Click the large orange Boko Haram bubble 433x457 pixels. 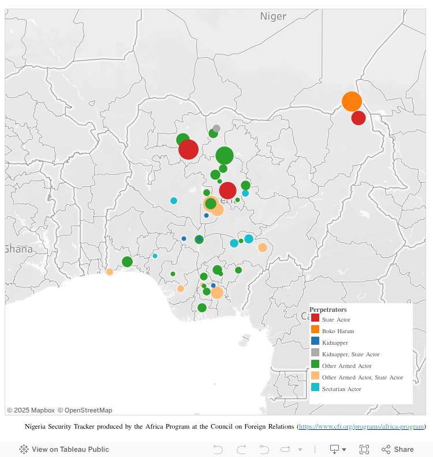pyautogui.click(x=352, y=101)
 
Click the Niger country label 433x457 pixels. pyautogui.click(x=273, y=16)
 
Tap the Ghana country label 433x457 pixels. pyautogui.click(x=17, y=249)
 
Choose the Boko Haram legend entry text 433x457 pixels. pyautogui.click(x=338, y=331)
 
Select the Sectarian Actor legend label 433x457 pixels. pyautogui.click(x=341, y=389)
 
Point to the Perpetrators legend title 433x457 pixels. pyautogui.click(x=328, y=309)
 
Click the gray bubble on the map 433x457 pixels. pyautogui.click(x=216, y=128)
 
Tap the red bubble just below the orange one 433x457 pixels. pyautogui.click(x=359, y=118)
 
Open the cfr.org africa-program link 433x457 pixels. pyautogui.click(x=361, y=427)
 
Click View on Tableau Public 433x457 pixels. pyautogui.click(x=64, y=449)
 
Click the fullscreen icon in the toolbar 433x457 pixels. pyautogui.click(x=364, y=449)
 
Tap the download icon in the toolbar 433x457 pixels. pyautogui.click(x=334, y=449)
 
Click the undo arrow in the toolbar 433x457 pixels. pyautogui.click(x=218, y=449)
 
